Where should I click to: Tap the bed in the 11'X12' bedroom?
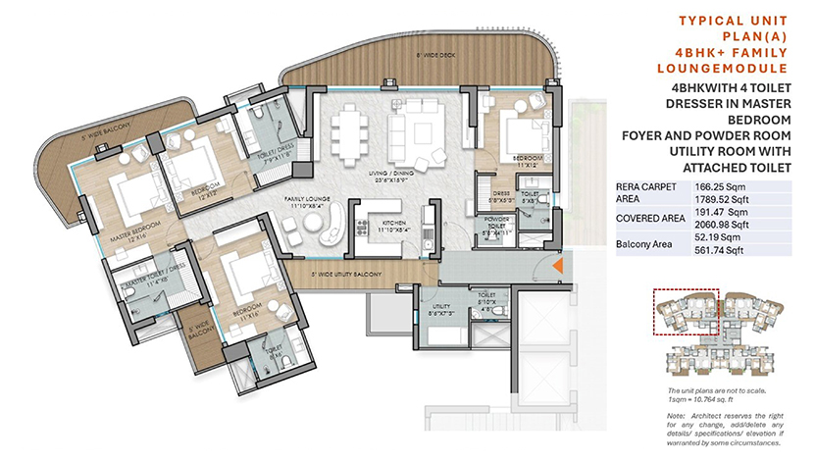(515, 134)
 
